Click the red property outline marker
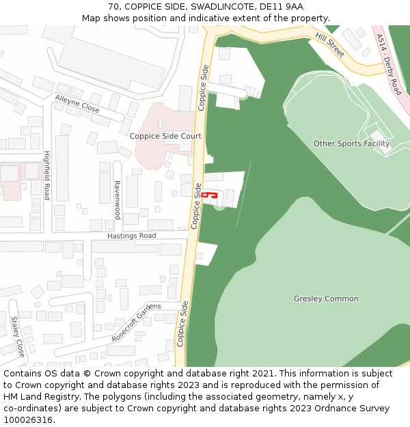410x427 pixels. (209, 196)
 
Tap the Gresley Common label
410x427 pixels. (326, 299)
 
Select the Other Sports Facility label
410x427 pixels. (351, 143)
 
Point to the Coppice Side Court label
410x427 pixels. (165, 136)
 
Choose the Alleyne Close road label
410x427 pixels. (77, 105)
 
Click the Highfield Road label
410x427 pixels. (47, 175)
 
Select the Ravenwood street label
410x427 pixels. (117, 199)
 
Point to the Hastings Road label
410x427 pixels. (131, 236)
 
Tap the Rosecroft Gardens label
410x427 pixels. (137, 322)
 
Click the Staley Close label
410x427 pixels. (17, 336)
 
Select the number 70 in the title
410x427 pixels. (113, 7)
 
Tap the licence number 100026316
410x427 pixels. (29, 420)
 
